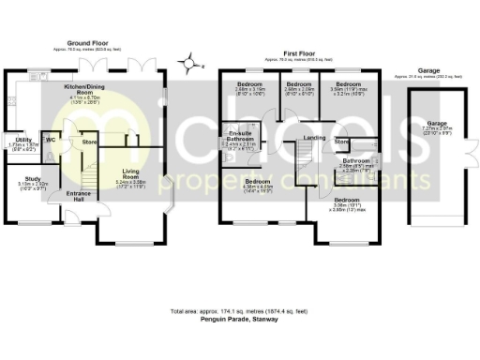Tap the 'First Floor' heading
pyautogui.click(x=303, y=54)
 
